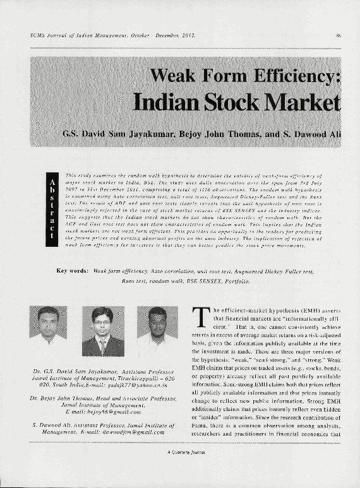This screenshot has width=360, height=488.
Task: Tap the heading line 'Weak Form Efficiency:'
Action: [245, 77]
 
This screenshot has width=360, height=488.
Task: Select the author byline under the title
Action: [201, 134]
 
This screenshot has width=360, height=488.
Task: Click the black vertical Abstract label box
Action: [51, 209]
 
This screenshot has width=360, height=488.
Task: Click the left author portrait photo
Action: [48, 331]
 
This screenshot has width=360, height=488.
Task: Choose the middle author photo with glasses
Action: [102, 331]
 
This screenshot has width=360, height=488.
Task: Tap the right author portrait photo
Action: [157, 331]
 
